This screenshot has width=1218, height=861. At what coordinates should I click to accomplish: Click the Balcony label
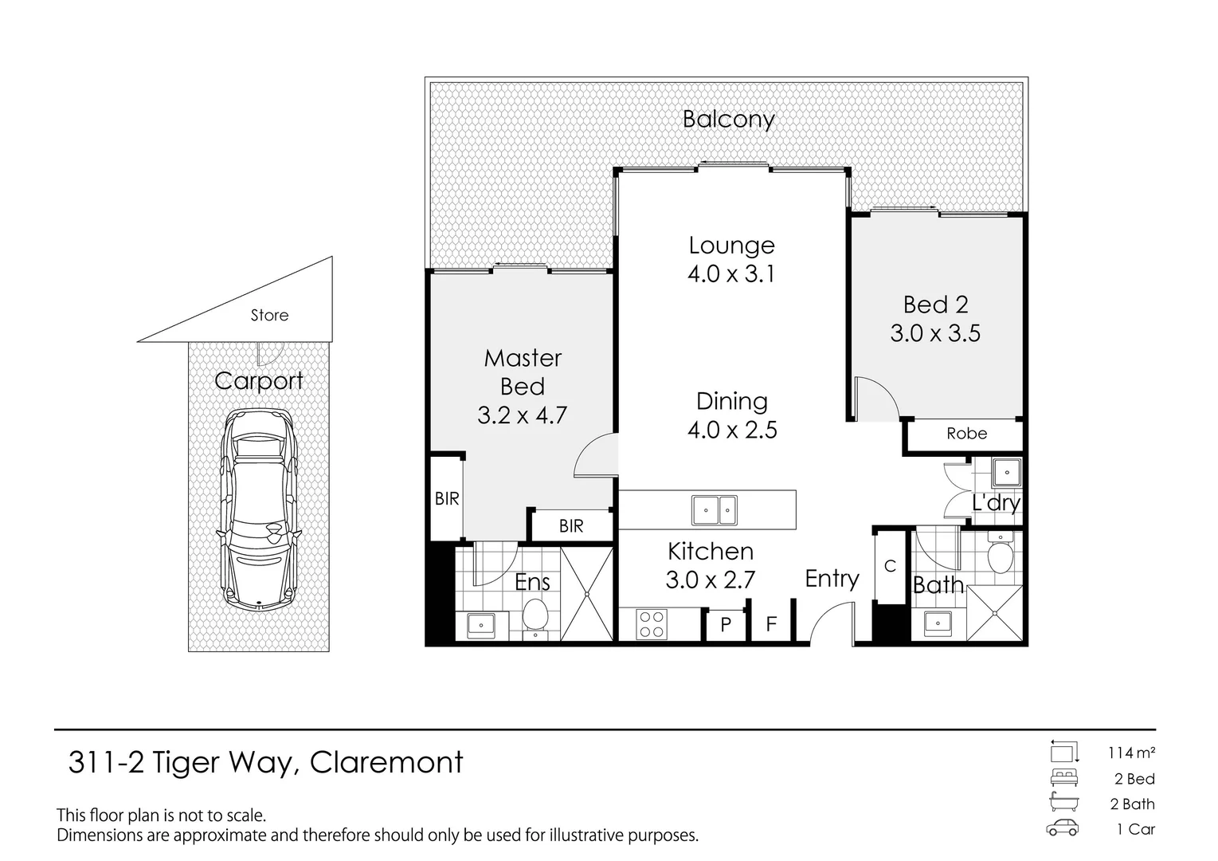(729, 120)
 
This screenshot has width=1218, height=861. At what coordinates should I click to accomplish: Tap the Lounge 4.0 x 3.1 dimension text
(731, 273)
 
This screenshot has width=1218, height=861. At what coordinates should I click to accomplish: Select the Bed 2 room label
(936, 305)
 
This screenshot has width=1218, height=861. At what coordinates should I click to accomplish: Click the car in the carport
(259, 511)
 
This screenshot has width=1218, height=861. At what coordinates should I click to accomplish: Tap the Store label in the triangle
(269, 315)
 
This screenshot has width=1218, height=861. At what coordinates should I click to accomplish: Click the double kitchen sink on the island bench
(714, 510)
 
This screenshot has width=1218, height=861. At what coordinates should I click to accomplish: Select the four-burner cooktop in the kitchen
(652, 624)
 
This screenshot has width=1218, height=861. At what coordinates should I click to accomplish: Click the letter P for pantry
(726, 625)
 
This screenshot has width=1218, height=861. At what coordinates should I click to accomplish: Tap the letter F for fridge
(771, 623)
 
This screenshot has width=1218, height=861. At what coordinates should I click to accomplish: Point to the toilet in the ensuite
(535, 617)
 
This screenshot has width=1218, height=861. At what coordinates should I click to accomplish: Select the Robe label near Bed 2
(967, 434)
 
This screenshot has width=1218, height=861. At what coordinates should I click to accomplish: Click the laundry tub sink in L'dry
(1006, 473)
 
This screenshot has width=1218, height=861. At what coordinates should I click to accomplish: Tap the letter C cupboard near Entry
(890, 567)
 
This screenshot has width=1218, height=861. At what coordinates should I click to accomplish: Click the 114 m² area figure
(1131, 753)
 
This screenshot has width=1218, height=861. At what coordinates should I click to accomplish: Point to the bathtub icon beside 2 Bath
(1064, 802)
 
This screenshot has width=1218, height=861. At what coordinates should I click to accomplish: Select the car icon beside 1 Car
(1063, 828)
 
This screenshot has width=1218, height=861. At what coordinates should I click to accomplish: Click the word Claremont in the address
(386, 762)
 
